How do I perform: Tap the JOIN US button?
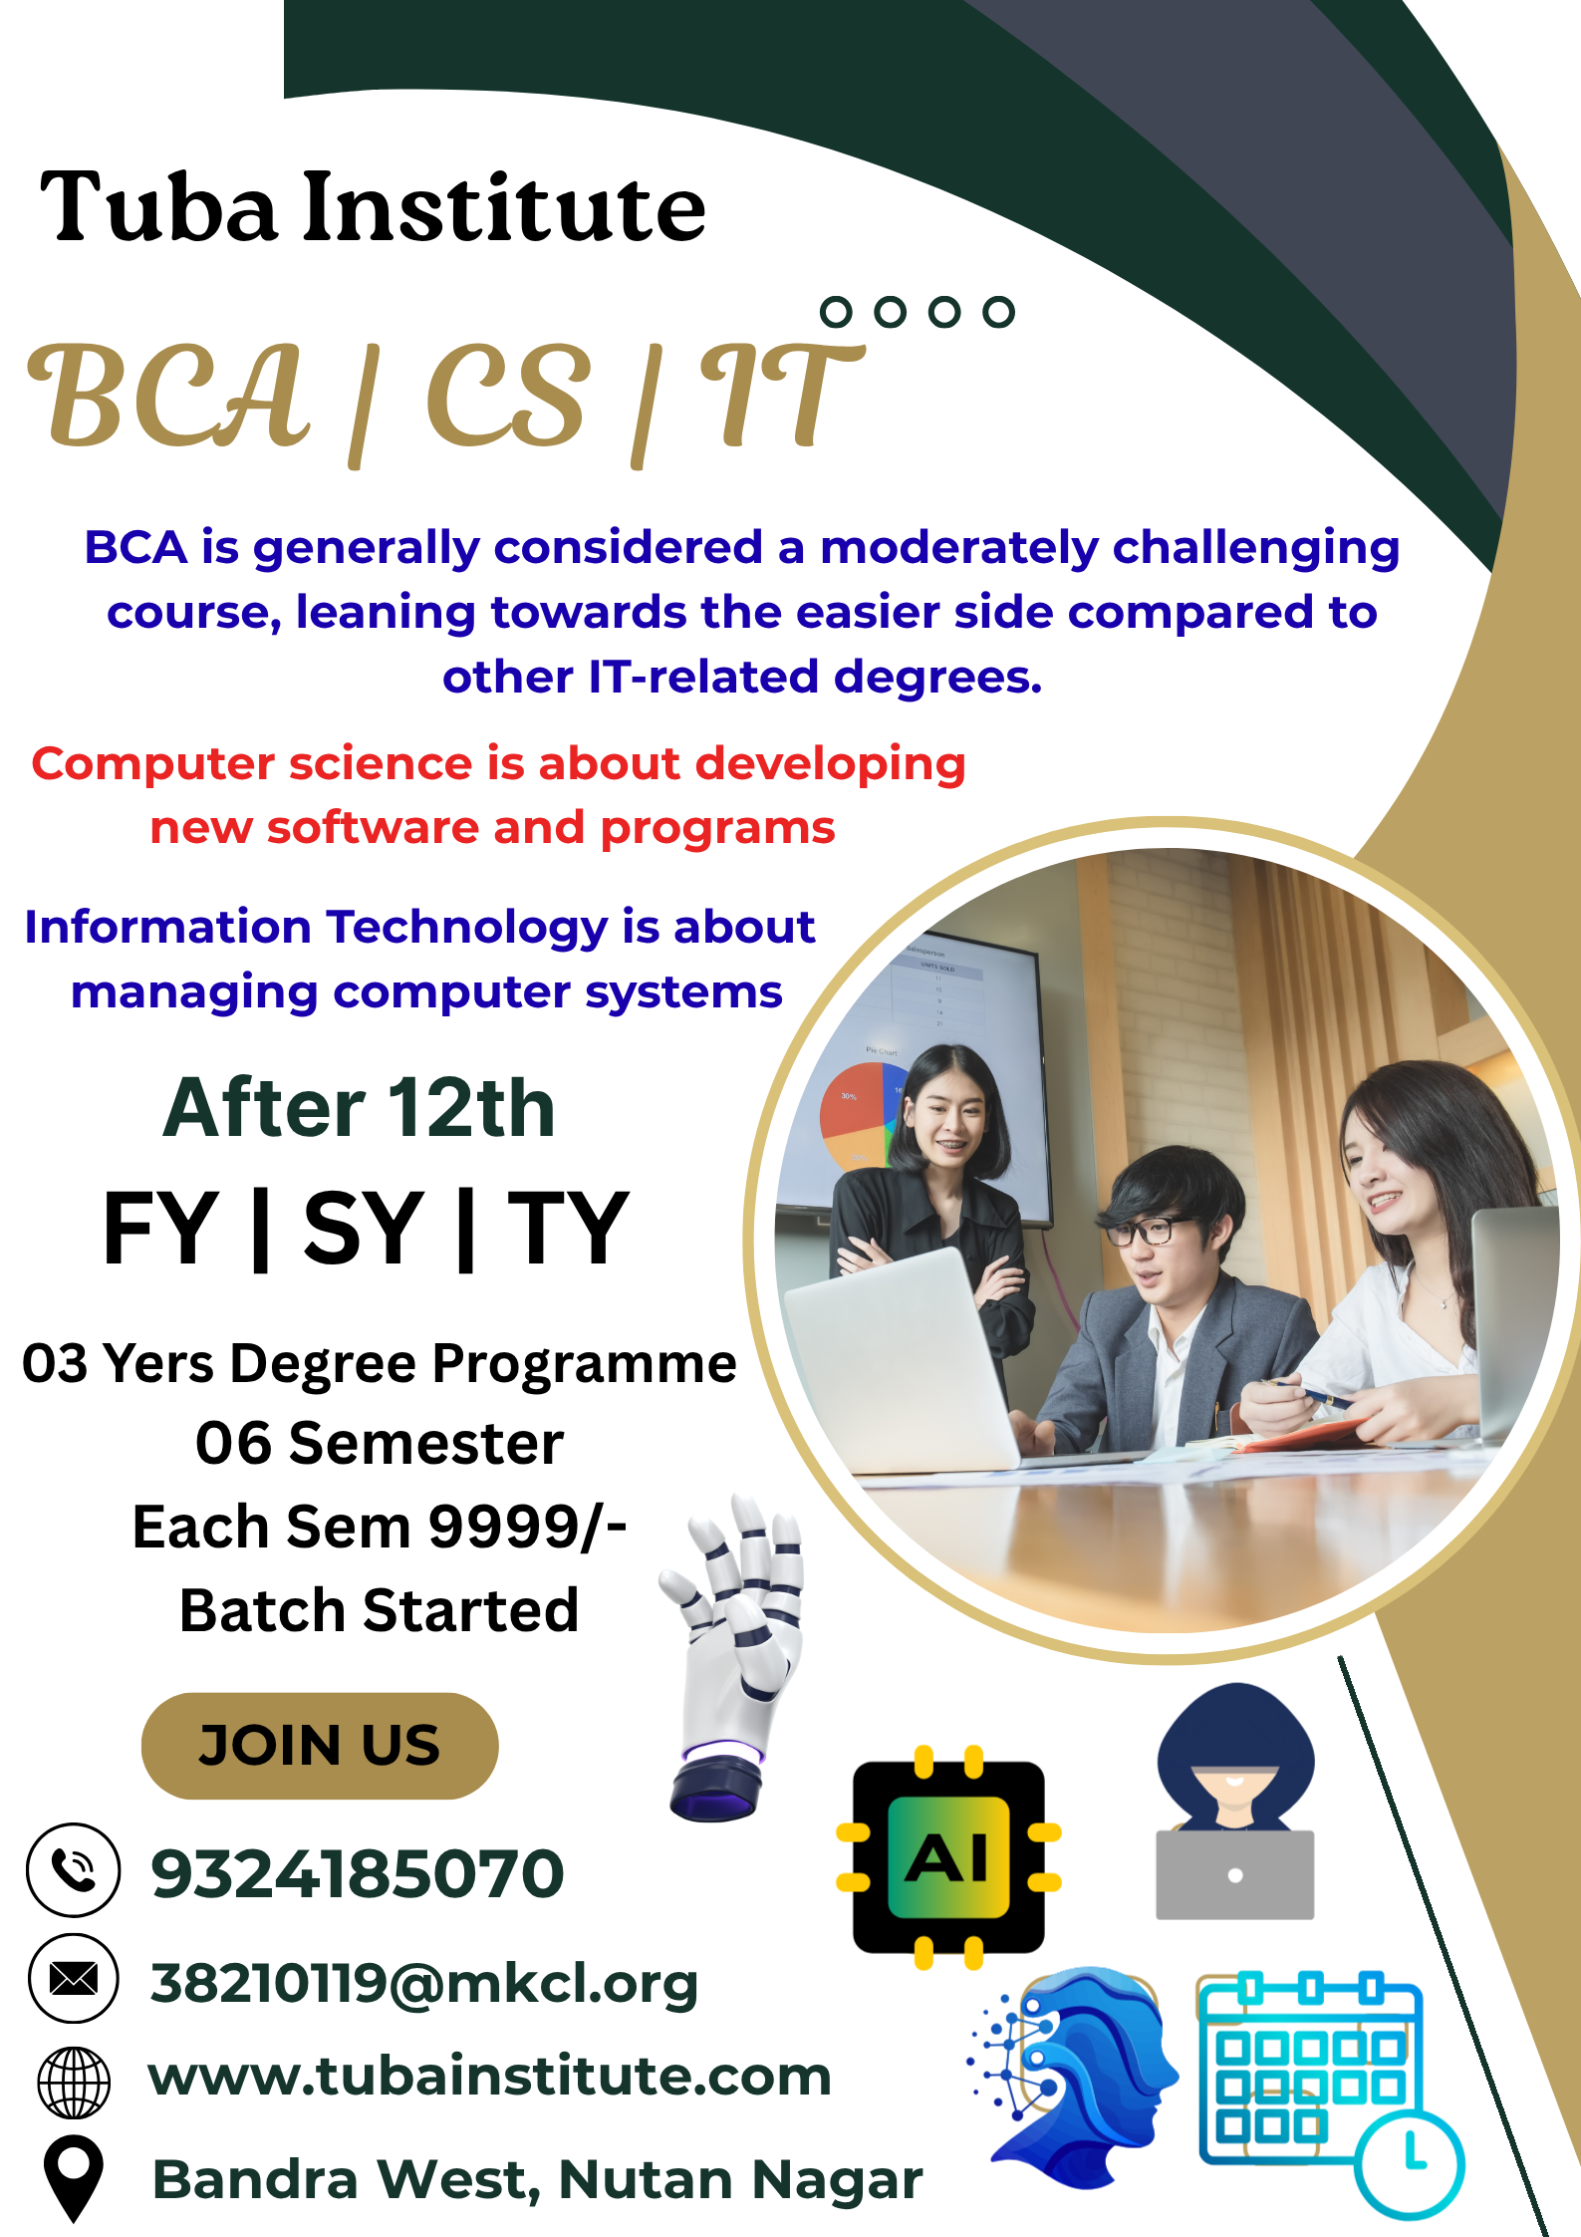coord(320,1745)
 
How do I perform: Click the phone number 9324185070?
coord(358,1873)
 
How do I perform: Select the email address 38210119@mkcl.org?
coord(424,1982)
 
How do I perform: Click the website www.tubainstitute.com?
coord(490,2077)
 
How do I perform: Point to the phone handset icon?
coord(74,1870)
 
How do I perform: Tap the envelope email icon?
coord(74,1979)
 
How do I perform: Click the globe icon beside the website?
coord(74,2082)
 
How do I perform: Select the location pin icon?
coord(74,2179)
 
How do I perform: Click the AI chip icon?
coord(948,1857)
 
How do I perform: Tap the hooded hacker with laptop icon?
coord(1235,1801)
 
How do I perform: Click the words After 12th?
coord(359,1108)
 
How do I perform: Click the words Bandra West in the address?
coord(345,2179)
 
